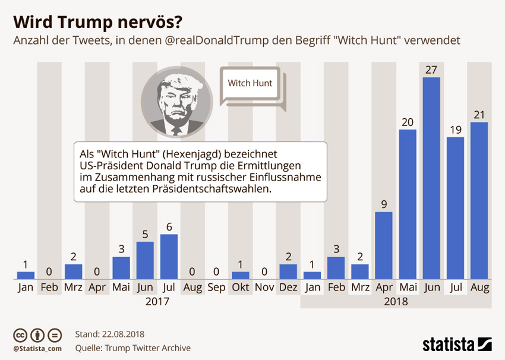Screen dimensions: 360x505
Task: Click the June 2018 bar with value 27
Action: (x=431, y=178)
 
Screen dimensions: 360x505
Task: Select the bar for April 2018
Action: (x=383, y=245)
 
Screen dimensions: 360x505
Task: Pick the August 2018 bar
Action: (x=479, y=201)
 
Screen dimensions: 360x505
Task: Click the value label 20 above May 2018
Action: (x=407, y=122)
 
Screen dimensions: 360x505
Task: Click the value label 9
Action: (x=384, y=205)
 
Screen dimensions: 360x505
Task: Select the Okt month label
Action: (x=240, y=288)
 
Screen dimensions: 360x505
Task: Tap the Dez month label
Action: (x=288, y=288)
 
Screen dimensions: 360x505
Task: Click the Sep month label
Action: (x=216, y=288)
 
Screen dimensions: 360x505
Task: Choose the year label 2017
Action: (x=157, y=301)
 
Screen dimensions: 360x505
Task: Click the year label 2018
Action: (x=396, y=301)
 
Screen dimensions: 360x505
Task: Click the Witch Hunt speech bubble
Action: (x=251, y=84)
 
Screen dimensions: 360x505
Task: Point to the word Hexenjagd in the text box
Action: (x=210, y=153)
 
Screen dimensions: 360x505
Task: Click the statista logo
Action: (x=456, y=344)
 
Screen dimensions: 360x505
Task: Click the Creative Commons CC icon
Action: (x=20, y=334)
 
